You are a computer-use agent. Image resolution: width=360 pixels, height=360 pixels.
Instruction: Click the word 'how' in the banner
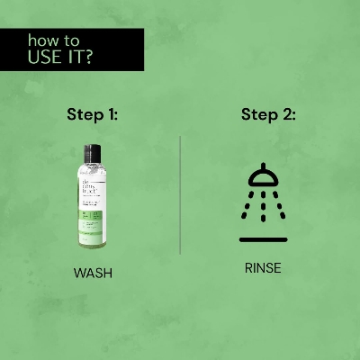41,40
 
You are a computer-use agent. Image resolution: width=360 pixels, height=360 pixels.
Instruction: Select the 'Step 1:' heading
93,115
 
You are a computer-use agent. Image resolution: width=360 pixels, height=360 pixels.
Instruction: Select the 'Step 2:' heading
268,115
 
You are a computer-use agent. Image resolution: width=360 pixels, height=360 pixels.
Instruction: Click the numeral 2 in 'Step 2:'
287,115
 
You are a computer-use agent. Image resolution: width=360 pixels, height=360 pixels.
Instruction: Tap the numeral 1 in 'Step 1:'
112,115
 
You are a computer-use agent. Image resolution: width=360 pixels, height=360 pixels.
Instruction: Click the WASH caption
93,273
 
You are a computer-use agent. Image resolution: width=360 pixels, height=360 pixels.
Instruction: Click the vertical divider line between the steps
180,194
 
